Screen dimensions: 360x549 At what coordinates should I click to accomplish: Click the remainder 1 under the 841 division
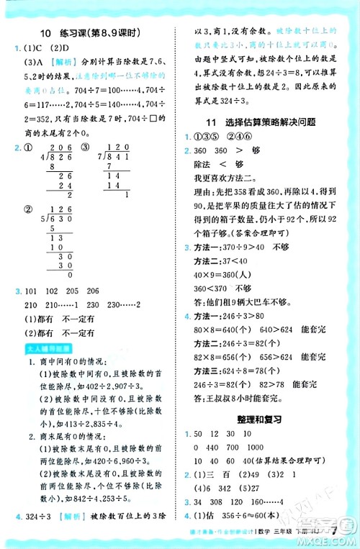click(x=127, y=194)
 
